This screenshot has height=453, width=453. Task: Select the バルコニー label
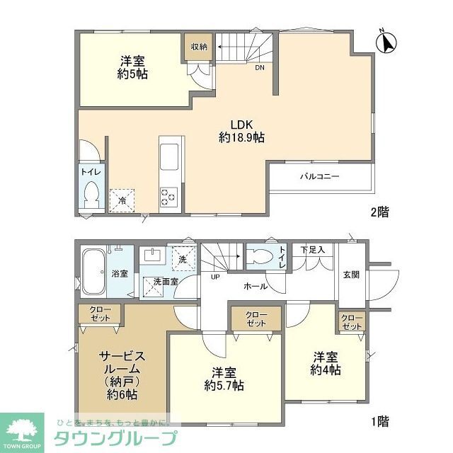(319, 176)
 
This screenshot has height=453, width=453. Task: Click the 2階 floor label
(379, 211)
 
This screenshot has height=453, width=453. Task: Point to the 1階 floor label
(379, 421)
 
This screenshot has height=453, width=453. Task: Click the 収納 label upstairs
(198, 47)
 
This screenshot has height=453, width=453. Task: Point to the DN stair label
(260, 69)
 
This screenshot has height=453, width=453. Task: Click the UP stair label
(214, 277)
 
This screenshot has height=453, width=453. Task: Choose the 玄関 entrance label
(351, 275)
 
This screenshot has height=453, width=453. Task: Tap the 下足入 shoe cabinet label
(311, 250)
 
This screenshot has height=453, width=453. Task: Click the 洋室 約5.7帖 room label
(224, 379)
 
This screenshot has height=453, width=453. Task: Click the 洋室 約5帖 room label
(132, 67)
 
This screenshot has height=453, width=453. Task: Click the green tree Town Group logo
(21, 429)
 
